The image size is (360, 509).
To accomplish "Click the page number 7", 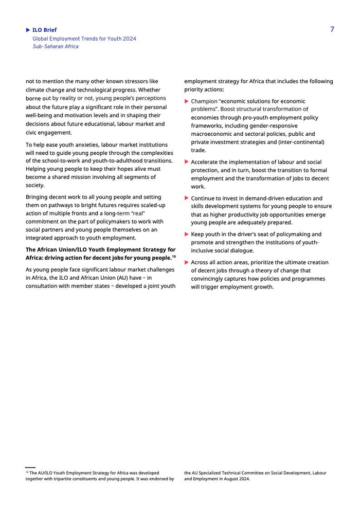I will (332, 29).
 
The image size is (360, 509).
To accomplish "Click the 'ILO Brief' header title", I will (44, 30).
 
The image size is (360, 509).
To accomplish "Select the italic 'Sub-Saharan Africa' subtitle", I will (56, 46).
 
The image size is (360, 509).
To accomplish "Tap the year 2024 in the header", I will (129, 39).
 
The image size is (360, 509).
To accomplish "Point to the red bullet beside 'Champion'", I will (187, 101).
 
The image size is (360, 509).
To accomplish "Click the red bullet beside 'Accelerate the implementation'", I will (187, 162).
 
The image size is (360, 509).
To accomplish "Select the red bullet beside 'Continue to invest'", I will (187, 198).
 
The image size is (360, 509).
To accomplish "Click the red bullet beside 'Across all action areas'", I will (187, 262).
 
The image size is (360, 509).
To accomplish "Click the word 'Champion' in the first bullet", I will (204, 101).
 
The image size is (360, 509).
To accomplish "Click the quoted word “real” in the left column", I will (138, 213).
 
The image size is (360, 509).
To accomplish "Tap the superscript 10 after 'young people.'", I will (174, 256).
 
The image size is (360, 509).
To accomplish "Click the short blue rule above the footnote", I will (30, 467).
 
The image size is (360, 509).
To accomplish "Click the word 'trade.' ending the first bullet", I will (199, 150).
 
